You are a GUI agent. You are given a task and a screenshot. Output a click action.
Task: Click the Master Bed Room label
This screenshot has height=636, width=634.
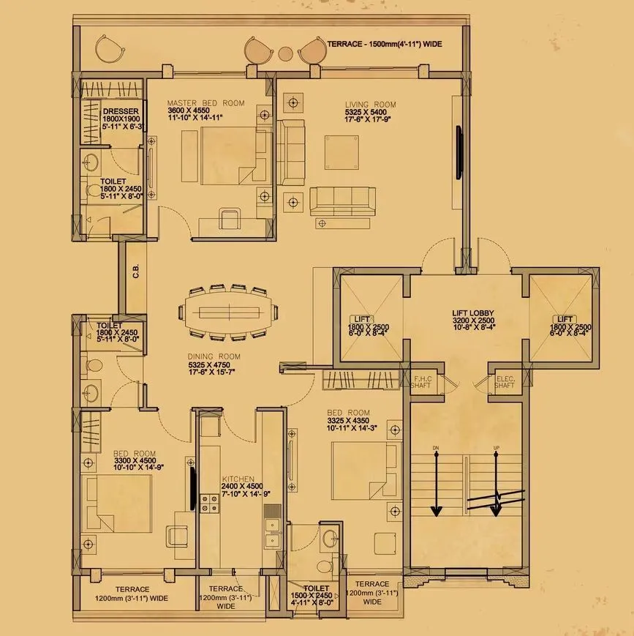pyautogui.click(x=205, y=103)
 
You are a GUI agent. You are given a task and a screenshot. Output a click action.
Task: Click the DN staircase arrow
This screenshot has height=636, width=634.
pyautogui.click(x=437, y=483)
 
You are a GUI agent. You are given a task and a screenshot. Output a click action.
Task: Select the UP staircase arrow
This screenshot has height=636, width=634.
pyautogui.click(x=497, y=483)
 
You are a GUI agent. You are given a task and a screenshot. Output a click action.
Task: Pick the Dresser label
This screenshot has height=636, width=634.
pyautogui.click(x=111, y=111)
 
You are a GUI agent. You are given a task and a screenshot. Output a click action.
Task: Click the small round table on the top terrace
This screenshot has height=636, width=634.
pyautogui.click(x=285, y=53)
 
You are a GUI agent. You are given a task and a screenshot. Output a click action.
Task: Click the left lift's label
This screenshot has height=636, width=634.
pyautogui.click(x=363, y=319)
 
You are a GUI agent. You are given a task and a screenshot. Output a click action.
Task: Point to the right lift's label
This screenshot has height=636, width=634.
pyautogui.click(x=564, y=319)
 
